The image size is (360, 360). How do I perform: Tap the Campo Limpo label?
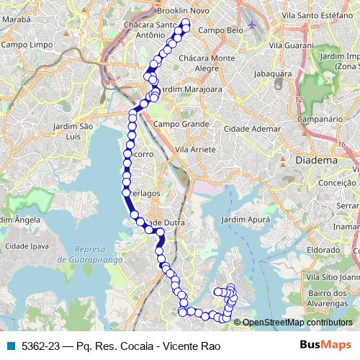tap(24, 44)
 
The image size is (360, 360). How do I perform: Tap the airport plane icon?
tap(251, 24)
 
